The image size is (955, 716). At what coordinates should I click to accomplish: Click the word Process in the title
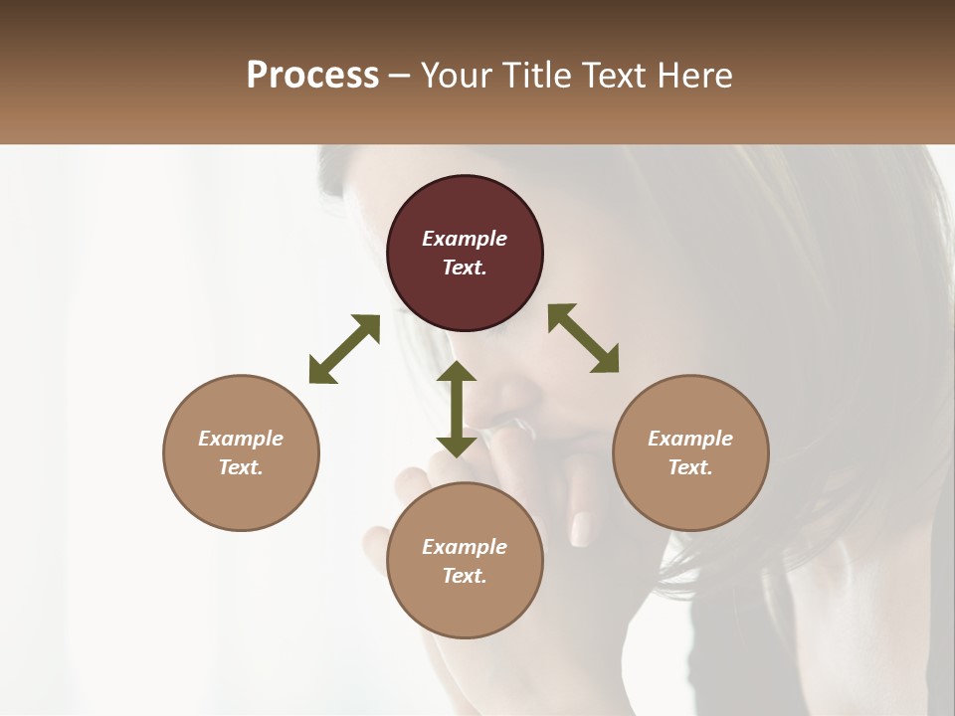tap(312, 76)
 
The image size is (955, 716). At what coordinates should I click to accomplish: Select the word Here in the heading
tap(694, 76)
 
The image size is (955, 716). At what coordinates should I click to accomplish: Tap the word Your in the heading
tap(458, 76)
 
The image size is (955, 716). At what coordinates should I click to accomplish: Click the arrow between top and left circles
tap(344, 349)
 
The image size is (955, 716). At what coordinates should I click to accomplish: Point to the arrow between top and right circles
tap(583, 338)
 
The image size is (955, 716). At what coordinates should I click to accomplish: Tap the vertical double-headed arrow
tap(457, 409)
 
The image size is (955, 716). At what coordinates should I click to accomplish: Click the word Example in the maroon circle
tap(465, 239)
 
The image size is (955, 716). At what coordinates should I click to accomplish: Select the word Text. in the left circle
tap(241, 467)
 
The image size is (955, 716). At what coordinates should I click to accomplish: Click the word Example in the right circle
tap(690, 439)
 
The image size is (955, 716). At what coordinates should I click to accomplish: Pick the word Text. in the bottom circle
tap(465, 576)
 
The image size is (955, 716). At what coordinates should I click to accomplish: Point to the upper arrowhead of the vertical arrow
tap(457, 372)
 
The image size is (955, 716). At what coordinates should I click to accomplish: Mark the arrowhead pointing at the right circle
tap(606, 361)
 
